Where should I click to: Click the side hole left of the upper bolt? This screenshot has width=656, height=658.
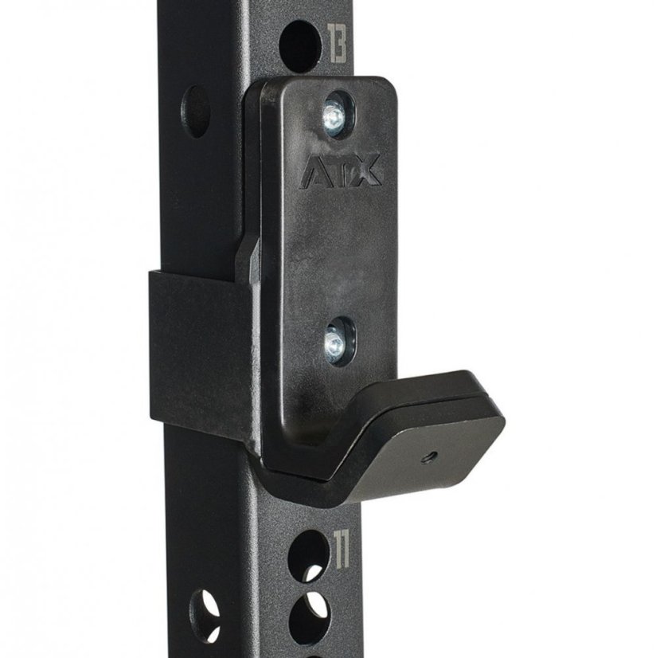coord(196,112)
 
